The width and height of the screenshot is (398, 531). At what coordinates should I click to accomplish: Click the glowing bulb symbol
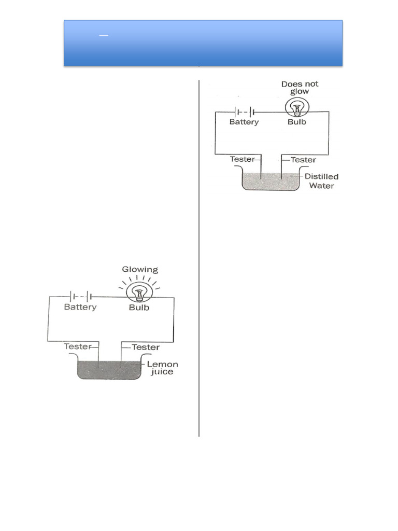coord(139,293)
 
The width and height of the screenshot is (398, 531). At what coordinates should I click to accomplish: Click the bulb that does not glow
coord(296,108)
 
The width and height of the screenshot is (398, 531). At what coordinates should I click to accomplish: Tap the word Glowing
coord(140,270)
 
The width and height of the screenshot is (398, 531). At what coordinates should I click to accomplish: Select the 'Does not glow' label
coord(300,88)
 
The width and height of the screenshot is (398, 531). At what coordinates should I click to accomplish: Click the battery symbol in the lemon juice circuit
coord(80,297)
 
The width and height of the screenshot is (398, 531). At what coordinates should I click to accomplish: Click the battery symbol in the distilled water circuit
coord(244,111)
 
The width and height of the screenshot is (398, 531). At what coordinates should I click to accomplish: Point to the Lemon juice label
coord(162,368)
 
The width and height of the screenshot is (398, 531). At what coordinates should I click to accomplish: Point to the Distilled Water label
coord(321,181)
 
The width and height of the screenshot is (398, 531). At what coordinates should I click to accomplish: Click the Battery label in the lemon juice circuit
coord(80,307)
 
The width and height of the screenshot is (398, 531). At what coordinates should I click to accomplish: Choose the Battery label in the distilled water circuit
coord(243,122)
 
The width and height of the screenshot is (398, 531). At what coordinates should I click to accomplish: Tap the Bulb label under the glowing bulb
coord(139,307)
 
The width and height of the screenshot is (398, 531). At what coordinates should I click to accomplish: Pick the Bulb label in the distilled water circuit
coord(297,122)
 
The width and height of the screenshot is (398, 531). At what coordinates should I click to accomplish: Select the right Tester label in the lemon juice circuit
coord(146,346)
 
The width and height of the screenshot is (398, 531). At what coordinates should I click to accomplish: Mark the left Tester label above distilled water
coord(243,160)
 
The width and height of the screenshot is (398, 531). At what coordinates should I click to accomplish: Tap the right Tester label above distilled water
coord(303,160)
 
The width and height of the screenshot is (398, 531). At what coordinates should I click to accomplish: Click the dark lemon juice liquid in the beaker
coord(109,370)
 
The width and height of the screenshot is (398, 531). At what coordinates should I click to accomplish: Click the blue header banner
coord(203,43)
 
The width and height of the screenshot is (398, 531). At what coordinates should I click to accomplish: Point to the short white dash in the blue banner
coord(103,35)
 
